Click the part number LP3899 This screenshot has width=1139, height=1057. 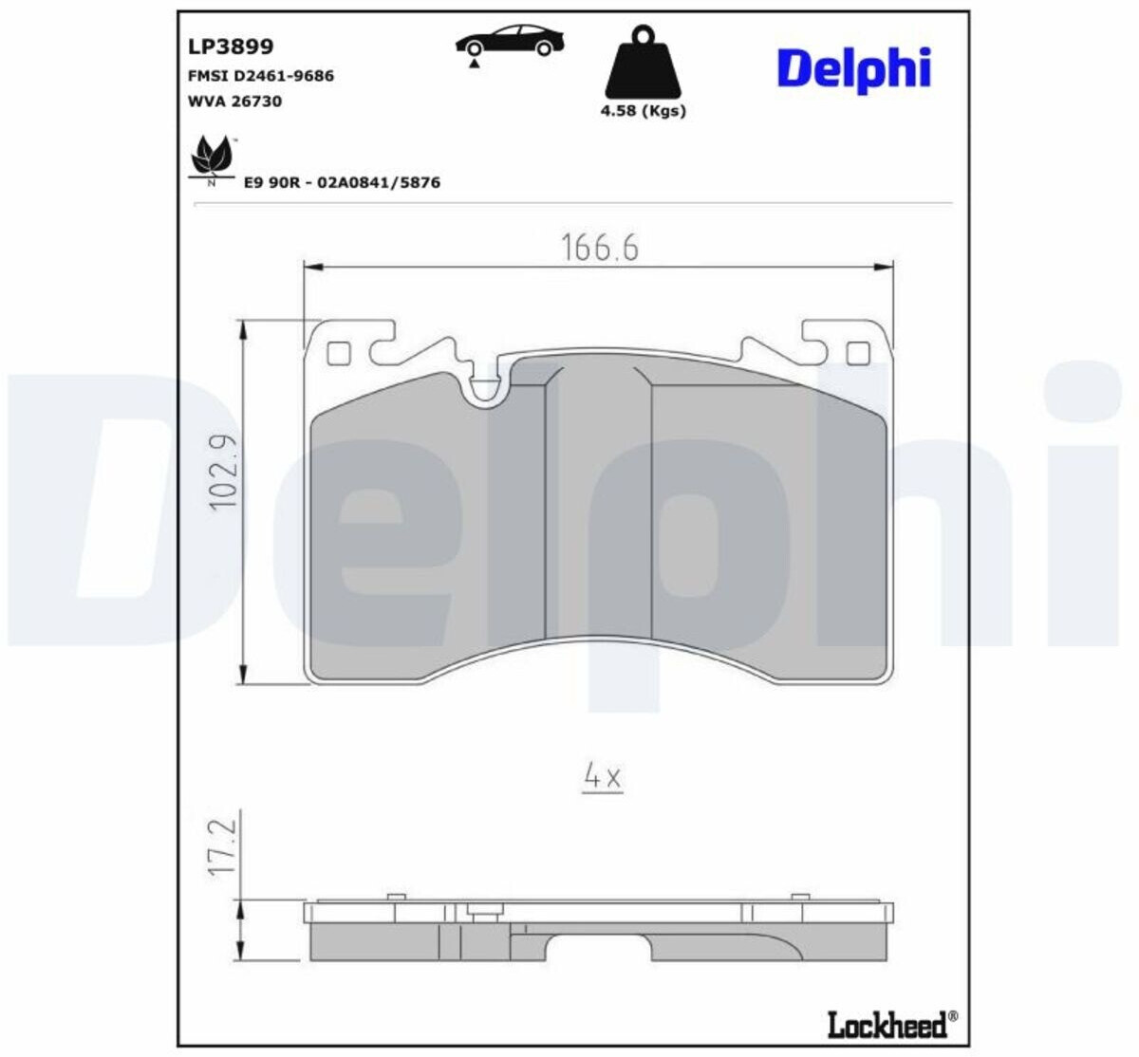[231, 46]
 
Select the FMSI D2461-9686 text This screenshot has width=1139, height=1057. [261, 76]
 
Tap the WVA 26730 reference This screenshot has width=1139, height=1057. [235, 102]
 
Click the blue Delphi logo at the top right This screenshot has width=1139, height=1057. [854, 70]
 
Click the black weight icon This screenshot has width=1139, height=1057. [643, 62]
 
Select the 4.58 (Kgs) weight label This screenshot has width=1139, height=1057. [643, 111]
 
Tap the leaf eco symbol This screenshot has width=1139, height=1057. [213, 156]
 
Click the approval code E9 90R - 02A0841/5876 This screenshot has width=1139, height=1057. [343, 183]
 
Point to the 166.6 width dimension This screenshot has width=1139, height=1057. [599, 249]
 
